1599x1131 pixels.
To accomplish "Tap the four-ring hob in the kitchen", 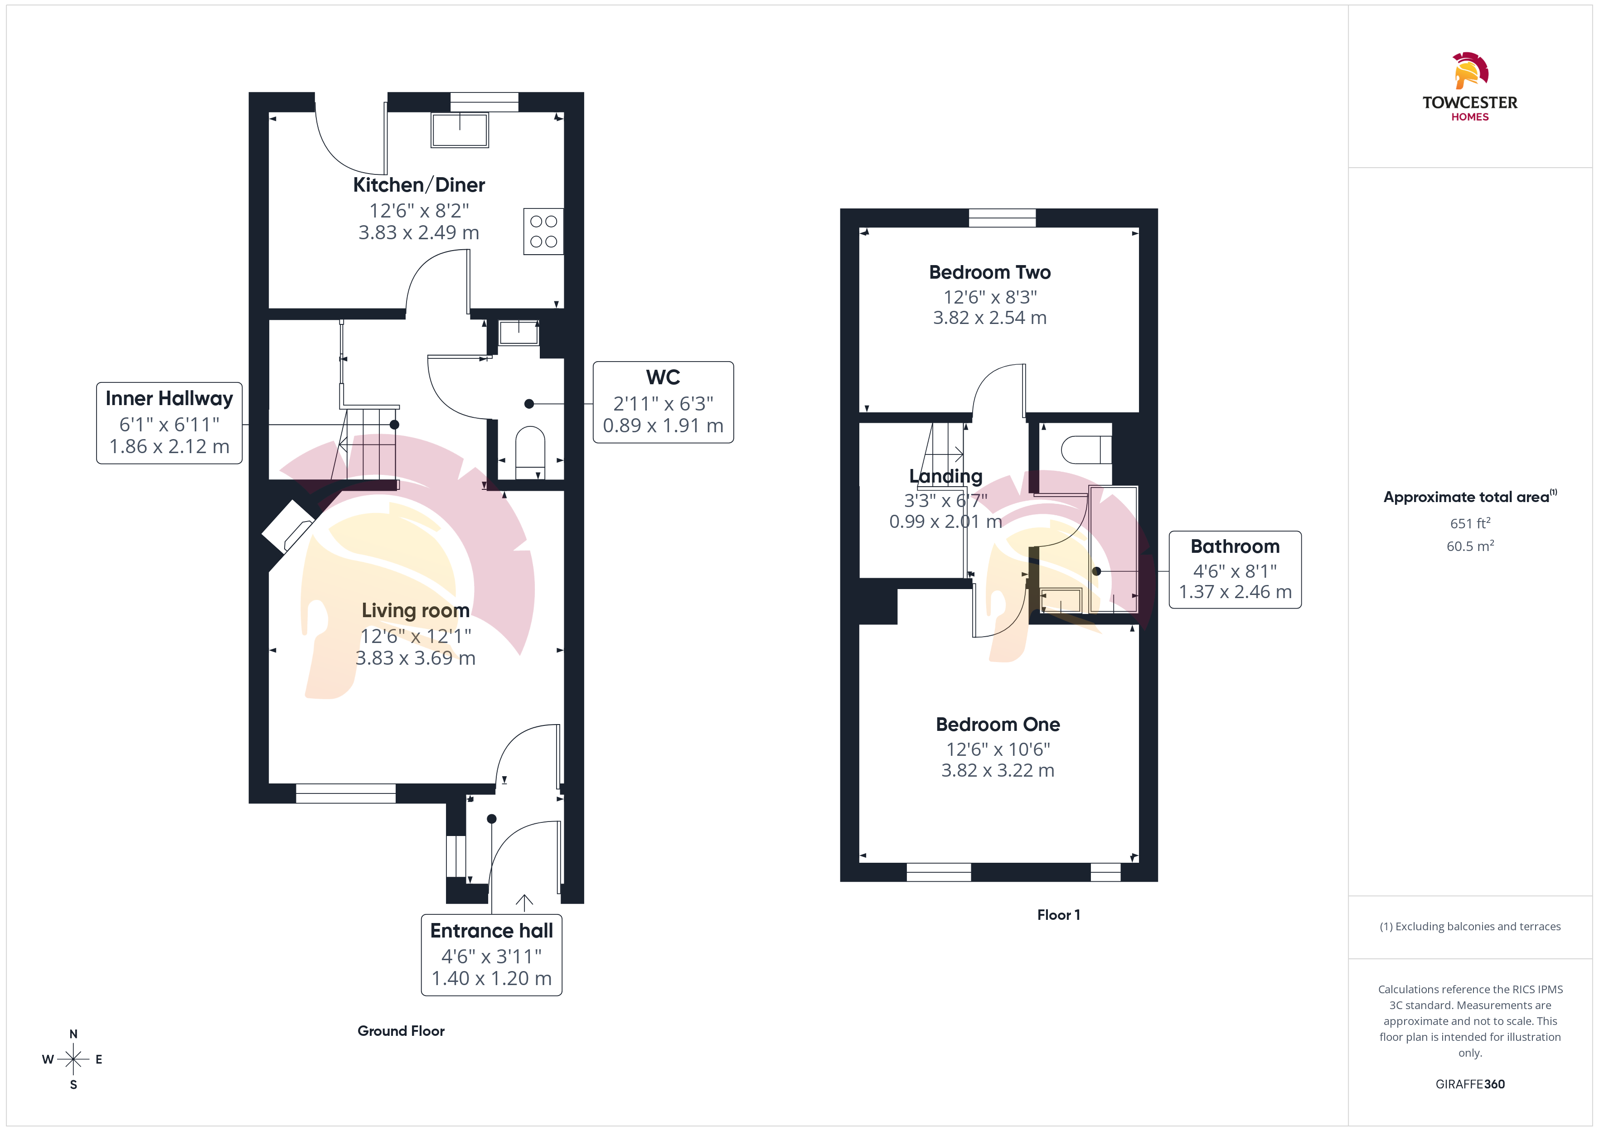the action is point(543,231).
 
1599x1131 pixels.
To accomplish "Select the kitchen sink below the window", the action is point(460,130).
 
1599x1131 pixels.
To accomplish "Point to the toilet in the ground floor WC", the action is point(530,452).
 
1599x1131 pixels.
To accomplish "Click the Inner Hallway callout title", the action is point(169,398).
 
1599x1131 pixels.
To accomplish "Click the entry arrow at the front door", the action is point(524,903).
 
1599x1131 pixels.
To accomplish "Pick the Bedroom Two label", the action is point(989,272).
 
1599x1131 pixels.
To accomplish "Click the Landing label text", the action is point(946,476).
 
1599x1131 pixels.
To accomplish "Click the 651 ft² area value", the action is point(1470,523).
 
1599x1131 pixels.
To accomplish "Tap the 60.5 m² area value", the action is point(1470,546).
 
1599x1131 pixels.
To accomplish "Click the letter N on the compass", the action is point(73,1034).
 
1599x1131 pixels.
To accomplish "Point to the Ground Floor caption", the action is point(401,1031).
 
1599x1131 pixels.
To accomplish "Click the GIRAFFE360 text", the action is point(1470,1084).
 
